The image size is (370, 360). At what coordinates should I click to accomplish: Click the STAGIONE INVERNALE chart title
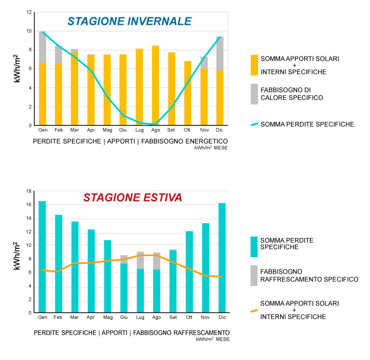129,22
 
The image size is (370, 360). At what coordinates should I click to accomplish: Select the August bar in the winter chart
155,85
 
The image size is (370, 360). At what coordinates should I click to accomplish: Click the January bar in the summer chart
42,257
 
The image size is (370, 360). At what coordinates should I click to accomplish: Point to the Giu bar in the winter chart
123,90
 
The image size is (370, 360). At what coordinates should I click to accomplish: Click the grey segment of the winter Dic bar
220,53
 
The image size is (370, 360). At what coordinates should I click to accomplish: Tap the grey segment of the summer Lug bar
140,260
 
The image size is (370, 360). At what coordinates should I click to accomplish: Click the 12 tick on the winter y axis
29,12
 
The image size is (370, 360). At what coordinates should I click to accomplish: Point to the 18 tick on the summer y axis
29,191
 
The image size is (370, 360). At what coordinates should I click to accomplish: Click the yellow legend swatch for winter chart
254,65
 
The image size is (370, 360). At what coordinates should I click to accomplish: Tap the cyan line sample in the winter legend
254,124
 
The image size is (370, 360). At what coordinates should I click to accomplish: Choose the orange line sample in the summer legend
254,310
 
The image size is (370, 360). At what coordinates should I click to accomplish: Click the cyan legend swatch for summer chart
254,247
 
